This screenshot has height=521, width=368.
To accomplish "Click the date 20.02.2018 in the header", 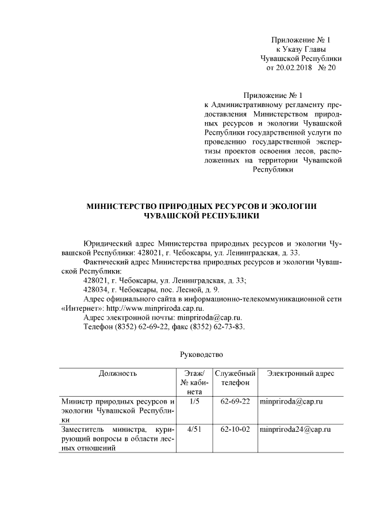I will click(x=293, y=68).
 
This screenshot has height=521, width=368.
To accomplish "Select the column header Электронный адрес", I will click(x=301, y=374).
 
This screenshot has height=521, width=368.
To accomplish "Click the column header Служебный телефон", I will click(x=235, y=378).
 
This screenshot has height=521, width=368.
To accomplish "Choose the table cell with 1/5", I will click(x=194, y=401).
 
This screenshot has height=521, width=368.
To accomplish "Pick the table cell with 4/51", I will click(x=194, y=429).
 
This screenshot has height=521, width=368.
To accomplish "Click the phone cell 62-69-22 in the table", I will click(x=235, y=401).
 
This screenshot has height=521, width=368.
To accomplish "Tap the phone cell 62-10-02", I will click(x=235, y=429).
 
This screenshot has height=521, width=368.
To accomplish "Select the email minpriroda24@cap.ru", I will click(x=296, y=429).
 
